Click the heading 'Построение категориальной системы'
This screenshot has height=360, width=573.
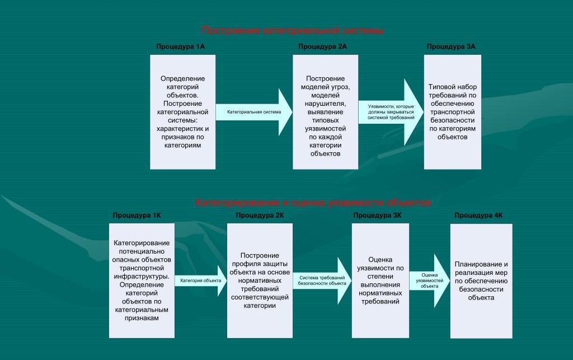(x=292, y=30)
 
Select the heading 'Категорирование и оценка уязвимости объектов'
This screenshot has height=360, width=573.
(x=313, y=202)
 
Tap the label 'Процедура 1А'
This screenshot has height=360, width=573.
(x=180, y=46)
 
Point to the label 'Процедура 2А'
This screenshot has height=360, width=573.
(x=322, y=46)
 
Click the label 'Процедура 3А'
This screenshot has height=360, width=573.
(x=451, y=46)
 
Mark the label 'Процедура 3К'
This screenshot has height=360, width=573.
(x=378, y=215)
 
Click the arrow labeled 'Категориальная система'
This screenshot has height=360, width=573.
(x=254, y=112)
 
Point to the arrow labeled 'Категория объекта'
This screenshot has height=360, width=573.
(x=197, y=279)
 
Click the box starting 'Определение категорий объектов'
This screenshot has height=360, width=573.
(x=182, y=112)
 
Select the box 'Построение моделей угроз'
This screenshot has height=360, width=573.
(x=325, y=112)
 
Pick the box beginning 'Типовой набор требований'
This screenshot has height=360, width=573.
(x=452, y=112)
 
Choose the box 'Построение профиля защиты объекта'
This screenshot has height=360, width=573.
(x=260, y=280)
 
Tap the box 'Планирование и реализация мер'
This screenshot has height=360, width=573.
(x=481, y=280)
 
